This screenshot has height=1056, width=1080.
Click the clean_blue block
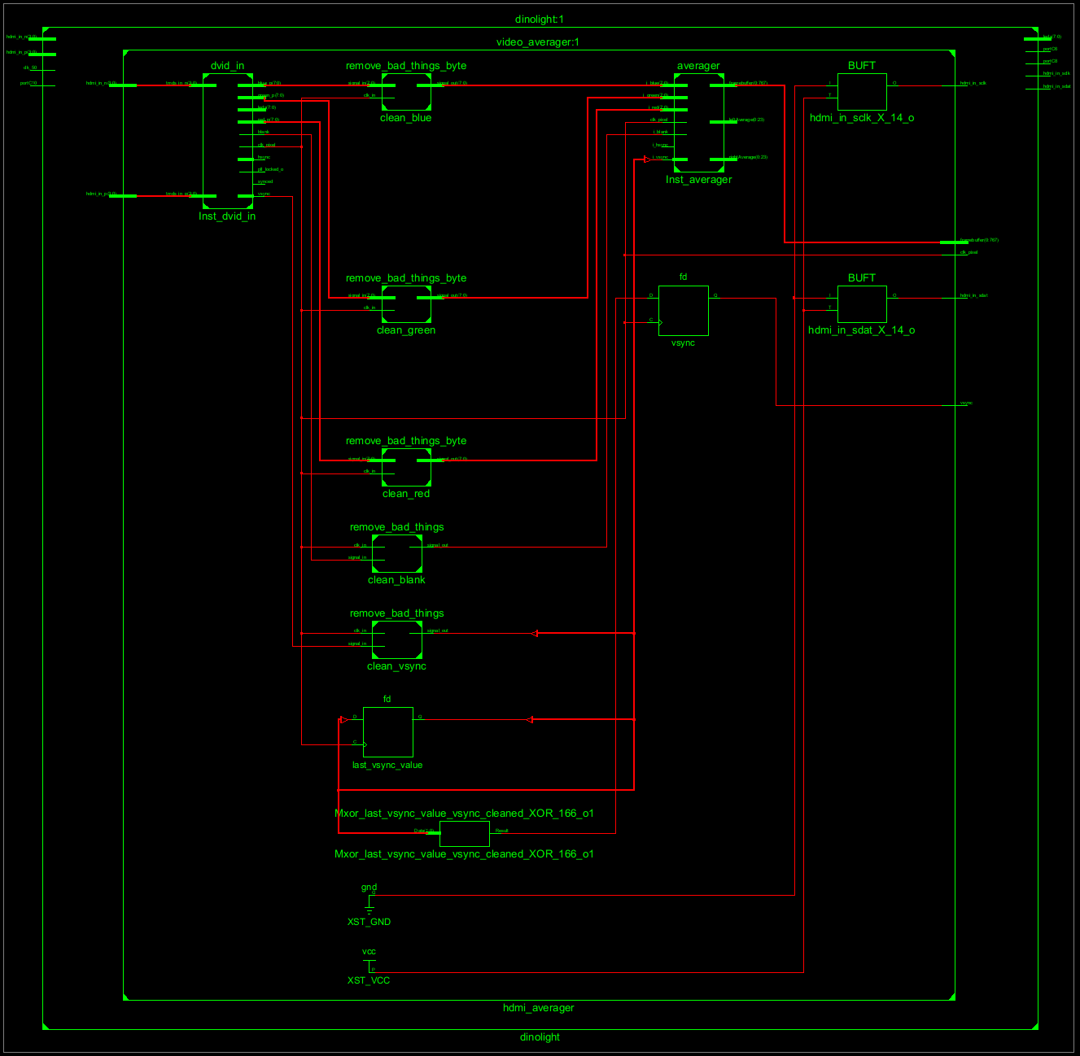(406, 92)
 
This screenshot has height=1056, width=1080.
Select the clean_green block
(406, 304)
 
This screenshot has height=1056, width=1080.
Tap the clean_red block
(406, 467)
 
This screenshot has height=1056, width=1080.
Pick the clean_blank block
(397, 553)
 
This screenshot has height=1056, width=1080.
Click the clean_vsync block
(397, 639)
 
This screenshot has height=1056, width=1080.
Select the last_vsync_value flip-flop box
(387, 732)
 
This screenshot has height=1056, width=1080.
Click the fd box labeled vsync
(683, 311)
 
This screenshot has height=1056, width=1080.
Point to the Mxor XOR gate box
(464, 834)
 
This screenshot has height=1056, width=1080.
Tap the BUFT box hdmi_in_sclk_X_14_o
(862, 92)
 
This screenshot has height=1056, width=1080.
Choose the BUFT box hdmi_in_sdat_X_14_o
(862, 304)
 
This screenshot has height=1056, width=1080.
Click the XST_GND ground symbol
(369, 903)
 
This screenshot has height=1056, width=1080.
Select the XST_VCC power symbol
(369, 964)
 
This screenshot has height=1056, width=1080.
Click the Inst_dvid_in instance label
(227, 216)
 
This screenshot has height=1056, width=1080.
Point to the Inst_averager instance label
(698, 180)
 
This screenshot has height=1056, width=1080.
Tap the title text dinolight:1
(540, 20)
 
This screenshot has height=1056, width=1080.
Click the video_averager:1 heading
(538, 42)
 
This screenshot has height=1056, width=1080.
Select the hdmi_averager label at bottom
(539, 1008)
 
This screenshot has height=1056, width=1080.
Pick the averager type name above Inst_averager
(698, 66)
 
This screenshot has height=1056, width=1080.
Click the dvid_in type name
(227, 66)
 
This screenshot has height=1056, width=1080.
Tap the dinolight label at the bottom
(540, 1037)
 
